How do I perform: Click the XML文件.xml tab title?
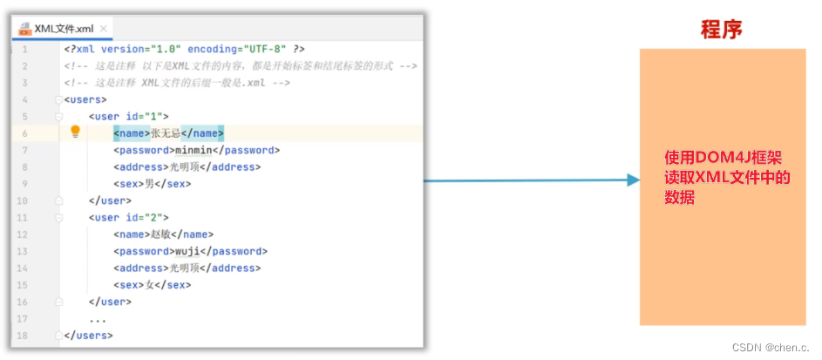click(x=64, y=28)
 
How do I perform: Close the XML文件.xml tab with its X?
click(x=105, y=29)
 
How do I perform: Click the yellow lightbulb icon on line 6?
click(x=75, y=132)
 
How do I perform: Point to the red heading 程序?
click(x=721, y=30)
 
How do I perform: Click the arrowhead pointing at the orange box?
click(x=633, y=180)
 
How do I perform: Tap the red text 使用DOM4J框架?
click(x=723, y=159)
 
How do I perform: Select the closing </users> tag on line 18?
click(x=88, y=336)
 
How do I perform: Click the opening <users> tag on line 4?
click(x=85, y=99)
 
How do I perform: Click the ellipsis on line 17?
click(x=98, y=319)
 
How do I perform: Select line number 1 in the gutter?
click(x=24, y=49)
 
